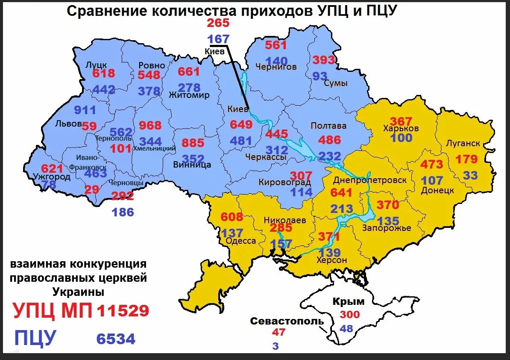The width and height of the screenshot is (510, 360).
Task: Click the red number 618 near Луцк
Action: (x=104, y=74)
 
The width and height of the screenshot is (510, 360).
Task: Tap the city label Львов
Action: (x=68, y=124)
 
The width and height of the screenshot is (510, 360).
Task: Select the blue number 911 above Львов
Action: (x=85, y=110)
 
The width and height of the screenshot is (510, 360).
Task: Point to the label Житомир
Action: (x=189, y=95)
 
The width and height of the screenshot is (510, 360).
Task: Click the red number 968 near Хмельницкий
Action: (x=150, y=126)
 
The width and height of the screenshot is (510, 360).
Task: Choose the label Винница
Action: (x=192, y=165)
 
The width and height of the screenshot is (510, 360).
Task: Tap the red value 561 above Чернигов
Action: (x=276, y=45)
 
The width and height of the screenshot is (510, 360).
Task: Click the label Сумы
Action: (x=335, y=83)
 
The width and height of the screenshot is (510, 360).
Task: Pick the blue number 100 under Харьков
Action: (x=402, y=138)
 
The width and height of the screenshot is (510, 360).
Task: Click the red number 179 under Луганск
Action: (x=466, y=159)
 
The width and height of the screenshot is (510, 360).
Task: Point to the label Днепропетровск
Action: (x=370, y=180)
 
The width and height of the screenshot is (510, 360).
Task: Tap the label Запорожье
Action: (x=387, y=228)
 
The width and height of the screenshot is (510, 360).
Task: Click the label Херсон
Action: (x=332, y=260)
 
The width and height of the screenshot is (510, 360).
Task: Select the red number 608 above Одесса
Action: (x=232, y=217)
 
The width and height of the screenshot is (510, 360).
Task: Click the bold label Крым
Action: (x=349, y=301)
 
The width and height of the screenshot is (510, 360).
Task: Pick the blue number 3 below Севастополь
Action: (x=276, y=346)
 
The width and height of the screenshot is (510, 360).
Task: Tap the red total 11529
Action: (x=123, y=311)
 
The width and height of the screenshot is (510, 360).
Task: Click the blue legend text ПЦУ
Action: (x=35, y=338)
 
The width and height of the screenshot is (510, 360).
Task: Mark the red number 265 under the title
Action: (x=218, y=24)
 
